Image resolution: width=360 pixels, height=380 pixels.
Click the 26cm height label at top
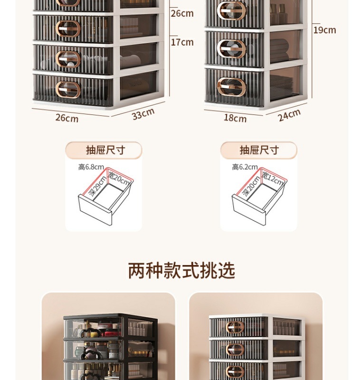(x=182, y=13)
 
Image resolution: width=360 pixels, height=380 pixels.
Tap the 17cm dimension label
(x=182, y=42)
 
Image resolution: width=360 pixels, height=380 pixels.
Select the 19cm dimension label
(x=324, y=30)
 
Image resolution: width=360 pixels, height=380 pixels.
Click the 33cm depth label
(x=143, y=114)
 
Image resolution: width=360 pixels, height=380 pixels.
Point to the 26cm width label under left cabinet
(x=67, y=117)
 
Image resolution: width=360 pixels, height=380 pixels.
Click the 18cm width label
(x=235, y=118)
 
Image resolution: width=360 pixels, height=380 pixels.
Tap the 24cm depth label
(x=289, y=114)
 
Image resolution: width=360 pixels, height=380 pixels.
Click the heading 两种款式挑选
(x=181, y=270)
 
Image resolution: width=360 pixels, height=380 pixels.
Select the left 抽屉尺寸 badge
(x=104, y=150)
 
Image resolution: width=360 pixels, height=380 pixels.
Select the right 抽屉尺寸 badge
(x=259, y=150)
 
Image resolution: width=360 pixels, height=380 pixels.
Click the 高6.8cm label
(x=91, y=167)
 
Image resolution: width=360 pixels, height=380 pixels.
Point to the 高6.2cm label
(x=245, y=167)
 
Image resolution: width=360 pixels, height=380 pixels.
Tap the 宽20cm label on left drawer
(x=119, y=178)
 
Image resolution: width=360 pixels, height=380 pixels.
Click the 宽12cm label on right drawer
(x=273, y=179)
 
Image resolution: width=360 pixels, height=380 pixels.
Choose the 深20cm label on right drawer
(x=251, y=186)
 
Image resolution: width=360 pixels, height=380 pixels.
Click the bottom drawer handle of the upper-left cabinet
(x=68, y=89)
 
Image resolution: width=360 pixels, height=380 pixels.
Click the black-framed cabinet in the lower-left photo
(x=109, y=347)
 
